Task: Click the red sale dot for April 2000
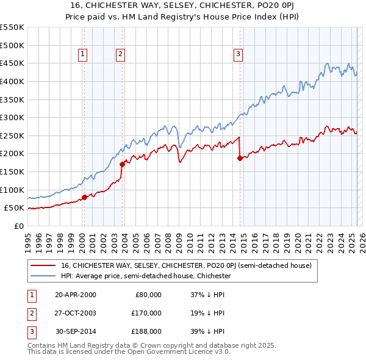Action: click(x=85, y=196)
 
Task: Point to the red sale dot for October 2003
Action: click(x=123, y=164)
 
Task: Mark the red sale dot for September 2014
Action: click(x=240, y=157)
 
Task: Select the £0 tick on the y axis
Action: click(x=19, y=226)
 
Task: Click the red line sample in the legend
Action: click(x=43, y=265)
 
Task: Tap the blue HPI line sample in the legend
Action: click(x=43, y=276)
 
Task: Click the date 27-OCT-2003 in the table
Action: click(x=76, y=313)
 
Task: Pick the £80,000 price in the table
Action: click(x=147, y=295)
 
